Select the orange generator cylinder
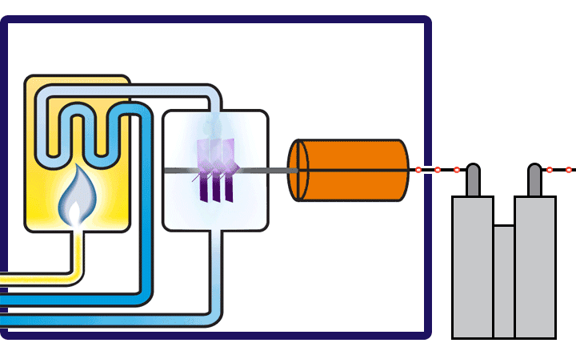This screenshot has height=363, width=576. point(356,170)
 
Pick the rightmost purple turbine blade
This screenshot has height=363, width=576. point(229,168)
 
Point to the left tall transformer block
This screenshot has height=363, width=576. point(472,264)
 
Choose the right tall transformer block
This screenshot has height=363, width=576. point(534,264)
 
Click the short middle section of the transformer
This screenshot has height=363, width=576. point(503,280)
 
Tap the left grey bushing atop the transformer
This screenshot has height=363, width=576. point(473,179)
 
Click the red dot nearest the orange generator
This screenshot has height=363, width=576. point(418,170)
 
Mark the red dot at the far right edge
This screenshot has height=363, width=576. point(569,170)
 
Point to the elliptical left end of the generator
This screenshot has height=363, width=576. point(298,170)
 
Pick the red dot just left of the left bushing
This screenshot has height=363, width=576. point(456,170)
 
